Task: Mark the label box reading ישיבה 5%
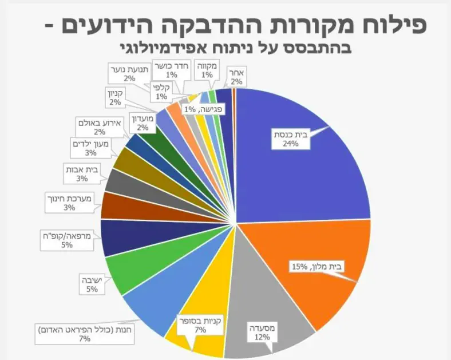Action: (x=92, y=284)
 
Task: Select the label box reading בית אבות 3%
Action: (x=82, y=174)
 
